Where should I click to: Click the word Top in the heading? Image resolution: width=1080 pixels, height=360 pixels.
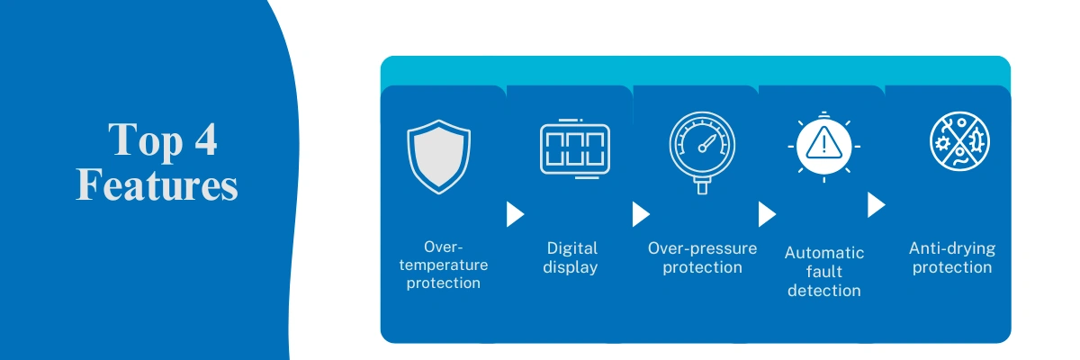(x=145, y=140)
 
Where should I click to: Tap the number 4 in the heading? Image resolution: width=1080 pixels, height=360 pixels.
(x=206, y=139)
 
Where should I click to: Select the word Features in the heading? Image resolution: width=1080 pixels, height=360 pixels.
(x=157, y=184)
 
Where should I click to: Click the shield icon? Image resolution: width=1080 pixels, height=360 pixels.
(x=439, y=157)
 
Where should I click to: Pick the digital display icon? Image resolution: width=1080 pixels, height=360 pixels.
(x=575, y=148)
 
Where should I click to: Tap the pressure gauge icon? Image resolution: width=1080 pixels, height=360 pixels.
(x=703, y=152)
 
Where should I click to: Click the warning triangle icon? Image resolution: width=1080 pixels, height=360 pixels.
(x=824, y=146)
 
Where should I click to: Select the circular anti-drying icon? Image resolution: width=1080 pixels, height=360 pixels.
(x=959, y=141)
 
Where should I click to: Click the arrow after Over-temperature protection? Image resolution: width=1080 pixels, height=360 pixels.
(x=516, y=214)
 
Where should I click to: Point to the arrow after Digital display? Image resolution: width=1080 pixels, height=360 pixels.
(x=641, y=214)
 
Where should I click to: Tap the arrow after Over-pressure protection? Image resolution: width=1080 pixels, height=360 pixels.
(x=767, y=214)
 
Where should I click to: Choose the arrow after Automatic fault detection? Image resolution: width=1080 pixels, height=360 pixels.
(x=877, y=205)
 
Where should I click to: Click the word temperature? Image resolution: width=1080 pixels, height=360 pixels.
(x=444, y=265)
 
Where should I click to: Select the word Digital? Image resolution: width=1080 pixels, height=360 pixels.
(x=572, y=248)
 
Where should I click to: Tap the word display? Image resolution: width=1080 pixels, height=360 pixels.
(x=571, y=267)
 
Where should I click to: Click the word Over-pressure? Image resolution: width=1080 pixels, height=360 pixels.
(x=703, y=248)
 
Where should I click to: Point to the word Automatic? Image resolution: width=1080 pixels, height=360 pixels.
(x=824, y=253)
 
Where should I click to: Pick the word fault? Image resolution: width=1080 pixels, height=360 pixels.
(x=824, y=271)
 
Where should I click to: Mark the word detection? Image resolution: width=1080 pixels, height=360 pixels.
(x=824, y=291)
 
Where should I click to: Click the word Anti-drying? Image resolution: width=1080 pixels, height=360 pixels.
(x=952, y=248)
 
